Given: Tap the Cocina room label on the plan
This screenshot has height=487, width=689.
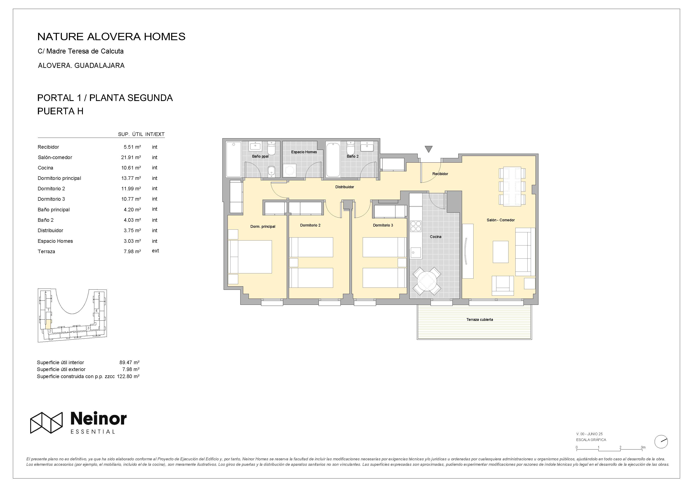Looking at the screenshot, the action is pos(435,237).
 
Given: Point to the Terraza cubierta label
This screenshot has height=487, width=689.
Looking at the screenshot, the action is pos(480,320).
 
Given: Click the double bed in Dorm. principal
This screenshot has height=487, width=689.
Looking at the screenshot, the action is pos(250,257).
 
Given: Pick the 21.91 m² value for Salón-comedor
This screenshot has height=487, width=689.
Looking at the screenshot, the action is pos(131,157).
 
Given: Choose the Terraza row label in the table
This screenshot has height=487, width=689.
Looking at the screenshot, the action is pos(46,252).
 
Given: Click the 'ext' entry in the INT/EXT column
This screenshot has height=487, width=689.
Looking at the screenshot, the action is pos(155,251).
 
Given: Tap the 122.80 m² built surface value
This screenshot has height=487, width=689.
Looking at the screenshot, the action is pos(128,376).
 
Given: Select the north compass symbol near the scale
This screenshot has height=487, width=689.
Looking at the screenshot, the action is pos(661,442).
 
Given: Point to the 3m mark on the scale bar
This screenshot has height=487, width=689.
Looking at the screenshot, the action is pos(643,447).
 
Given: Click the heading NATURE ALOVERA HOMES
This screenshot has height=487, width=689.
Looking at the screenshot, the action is pos(111,37).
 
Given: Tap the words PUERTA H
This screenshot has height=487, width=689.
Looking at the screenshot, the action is pos(60,111).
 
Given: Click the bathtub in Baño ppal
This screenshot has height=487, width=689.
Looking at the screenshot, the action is pos(234,159).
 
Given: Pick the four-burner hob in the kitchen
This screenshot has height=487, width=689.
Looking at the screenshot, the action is pos(416,226).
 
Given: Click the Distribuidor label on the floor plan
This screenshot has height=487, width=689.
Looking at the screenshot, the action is pos(344,187).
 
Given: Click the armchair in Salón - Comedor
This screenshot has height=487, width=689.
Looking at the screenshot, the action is pos(503,286).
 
